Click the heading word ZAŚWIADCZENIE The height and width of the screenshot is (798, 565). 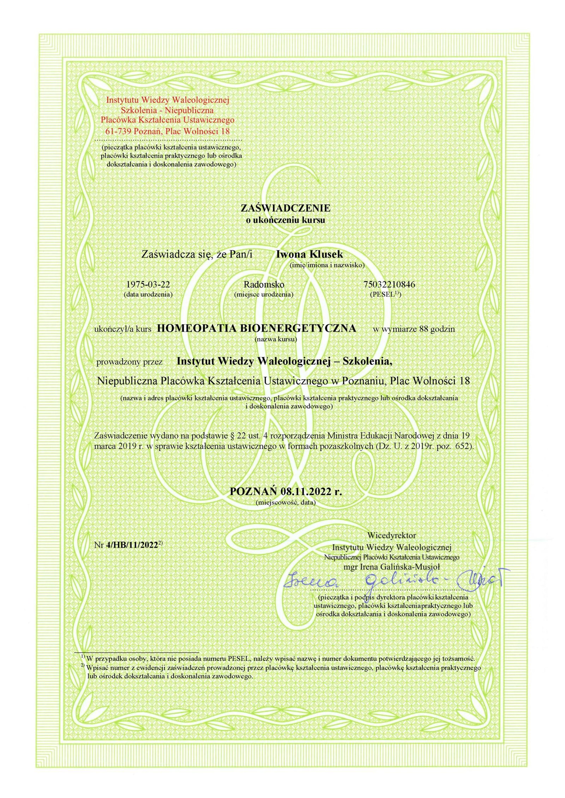pos(285,208)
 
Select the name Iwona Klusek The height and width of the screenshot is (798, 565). pos(309,254)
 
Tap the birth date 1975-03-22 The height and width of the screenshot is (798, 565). pos(145,284)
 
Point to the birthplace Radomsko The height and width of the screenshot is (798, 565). pos(264,284)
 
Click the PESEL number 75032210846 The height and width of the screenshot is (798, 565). pos(389,284)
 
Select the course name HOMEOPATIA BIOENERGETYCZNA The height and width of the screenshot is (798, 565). pos(256,328)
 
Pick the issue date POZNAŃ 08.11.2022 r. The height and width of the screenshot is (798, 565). pos(286,491)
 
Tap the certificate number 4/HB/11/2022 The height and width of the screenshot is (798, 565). pos(131,545)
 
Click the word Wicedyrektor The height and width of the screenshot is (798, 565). pos(392,535)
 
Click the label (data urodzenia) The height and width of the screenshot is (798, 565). pos(148,294)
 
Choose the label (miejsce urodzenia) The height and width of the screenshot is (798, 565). pos(264,294)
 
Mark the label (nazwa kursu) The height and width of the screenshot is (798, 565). pos(276,339)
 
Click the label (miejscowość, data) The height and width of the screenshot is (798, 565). pos(285,502)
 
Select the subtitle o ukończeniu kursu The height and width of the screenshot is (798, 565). pos(285,220)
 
